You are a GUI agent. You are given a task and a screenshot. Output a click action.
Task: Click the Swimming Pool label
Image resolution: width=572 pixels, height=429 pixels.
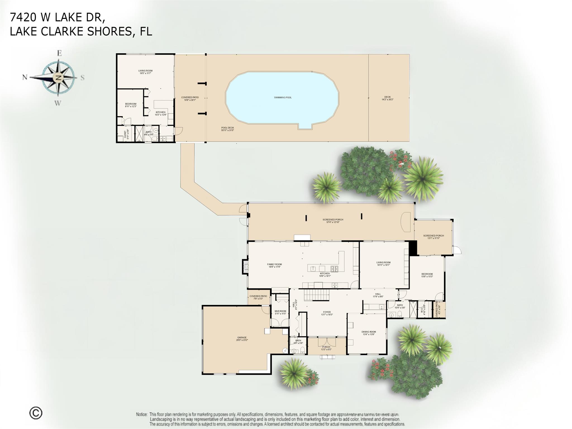283,97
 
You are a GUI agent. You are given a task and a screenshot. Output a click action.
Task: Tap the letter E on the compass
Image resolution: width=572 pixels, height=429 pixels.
59,53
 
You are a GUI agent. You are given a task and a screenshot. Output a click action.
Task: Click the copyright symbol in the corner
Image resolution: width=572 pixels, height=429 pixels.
36,413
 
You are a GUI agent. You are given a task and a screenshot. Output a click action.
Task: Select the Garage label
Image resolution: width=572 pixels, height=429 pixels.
242,339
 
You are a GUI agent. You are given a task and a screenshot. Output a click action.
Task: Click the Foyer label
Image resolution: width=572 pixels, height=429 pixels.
327,313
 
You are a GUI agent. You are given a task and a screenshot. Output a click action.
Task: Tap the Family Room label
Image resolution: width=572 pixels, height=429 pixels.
274,265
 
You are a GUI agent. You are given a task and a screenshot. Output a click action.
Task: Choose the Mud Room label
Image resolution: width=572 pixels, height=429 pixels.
280,312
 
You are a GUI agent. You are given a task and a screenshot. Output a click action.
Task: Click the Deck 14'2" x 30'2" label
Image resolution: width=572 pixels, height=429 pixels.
387,98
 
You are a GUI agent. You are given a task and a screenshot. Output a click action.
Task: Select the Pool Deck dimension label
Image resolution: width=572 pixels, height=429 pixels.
227,129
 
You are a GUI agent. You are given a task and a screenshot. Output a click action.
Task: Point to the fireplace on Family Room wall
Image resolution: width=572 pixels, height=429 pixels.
245,267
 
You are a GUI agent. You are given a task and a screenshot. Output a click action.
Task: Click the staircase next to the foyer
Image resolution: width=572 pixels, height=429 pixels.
316,295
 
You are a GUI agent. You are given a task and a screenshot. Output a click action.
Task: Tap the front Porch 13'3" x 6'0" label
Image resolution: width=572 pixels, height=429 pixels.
326,348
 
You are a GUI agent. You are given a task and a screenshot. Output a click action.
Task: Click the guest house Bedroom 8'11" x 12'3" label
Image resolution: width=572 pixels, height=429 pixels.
131,105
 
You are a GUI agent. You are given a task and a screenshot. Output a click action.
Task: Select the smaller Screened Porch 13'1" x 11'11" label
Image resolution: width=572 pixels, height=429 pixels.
433,237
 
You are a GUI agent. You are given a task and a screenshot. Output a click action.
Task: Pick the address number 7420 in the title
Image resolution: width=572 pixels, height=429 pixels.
23,17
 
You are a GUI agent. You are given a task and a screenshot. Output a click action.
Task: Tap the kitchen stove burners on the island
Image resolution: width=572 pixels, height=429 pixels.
334,269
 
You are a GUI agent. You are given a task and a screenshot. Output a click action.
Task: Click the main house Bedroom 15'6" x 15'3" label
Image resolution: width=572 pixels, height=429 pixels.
427,275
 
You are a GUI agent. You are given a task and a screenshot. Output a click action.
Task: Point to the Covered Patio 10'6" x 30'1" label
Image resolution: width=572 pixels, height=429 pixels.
190,99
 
